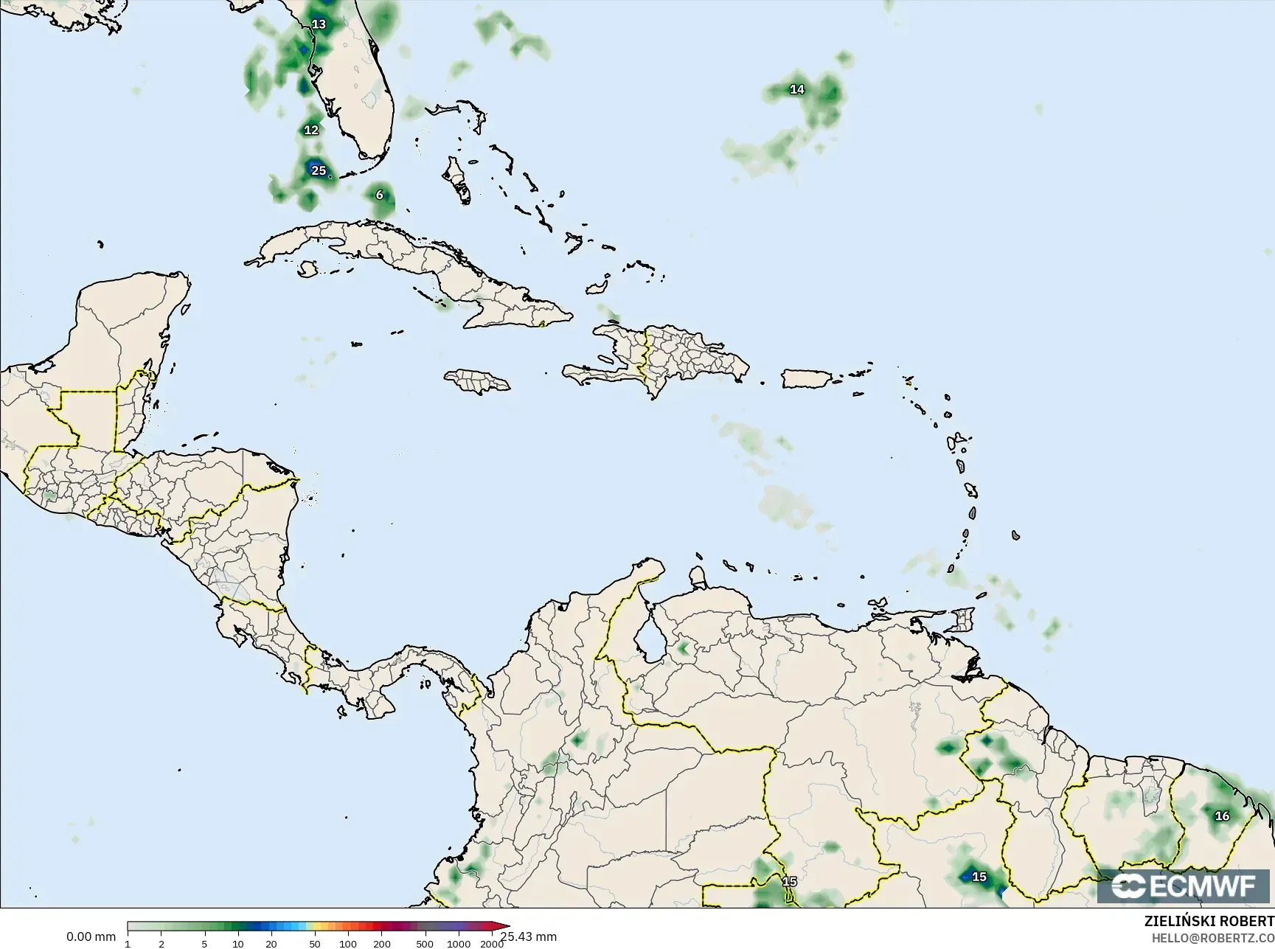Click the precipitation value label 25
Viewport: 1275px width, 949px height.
(x=318, y=170)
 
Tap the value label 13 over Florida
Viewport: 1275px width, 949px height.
(x=319, y=24)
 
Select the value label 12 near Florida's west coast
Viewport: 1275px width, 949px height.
(x=311, y=130)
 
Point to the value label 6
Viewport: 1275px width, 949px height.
(x=380, y=195)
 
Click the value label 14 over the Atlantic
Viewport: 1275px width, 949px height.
(x=797, y=89)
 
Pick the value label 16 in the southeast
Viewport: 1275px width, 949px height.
(x=1222, y=816)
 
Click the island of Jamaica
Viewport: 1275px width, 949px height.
(x=477, y=380)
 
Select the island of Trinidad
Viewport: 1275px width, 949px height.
(x=963, y=619)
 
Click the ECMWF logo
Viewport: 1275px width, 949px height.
(x=1183, y=886)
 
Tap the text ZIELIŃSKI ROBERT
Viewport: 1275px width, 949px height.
(x=1209, y=922)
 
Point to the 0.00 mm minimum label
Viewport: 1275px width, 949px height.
(x=91, y=936)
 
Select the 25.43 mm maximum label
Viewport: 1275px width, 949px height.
(x=528, y=936)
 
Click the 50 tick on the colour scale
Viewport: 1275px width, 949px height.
(x=315, y=944)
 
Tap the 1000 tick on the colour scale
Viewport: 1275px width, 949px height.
(x=459, y=944)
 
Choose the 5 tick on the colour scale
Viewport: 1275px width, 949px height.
(x=205, y=944)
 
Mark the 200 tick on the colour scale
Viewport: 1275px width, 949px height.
(x=382, y=944)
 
